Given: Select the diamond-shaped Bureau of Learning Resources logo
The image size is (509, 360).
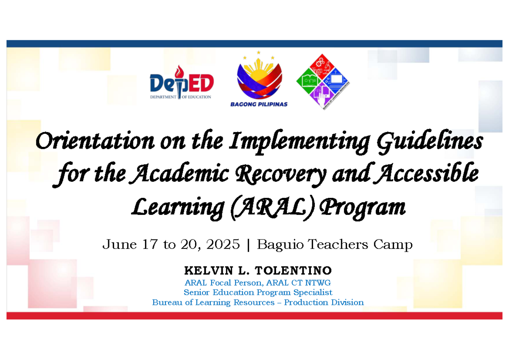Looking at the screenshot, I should [x=323, y=82].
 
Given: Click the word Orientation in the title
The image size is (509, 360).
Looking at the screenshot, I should [x=95, y=141].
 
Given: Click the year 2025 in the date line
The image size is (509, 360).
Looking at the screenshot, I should [x=224, y=245].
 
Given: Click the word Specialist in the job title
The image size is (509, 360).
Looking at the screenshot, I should [x=314, y=292].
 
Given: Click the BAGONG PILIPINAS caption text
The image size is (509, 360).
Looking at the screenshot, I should [x=258, y=104].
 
